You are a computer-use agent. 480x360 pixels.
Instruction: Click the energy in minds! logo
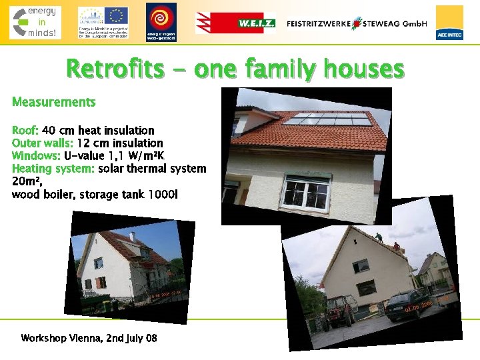pyautogui.click(x=35, y=22)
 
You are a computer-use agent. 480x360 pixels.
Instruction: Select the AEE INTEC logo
pyautogui.click(x=449, y=23)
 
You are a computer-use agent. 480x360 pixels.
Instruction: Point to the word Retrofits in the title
pyautogui.click(x=114, y=69)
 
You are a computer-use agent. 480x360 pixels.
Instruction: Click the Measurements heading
pyautogui.click(x=54, y=102)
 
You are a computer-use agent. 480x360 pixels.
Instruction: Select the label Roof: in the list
pyautogui.click(x=26, y=130)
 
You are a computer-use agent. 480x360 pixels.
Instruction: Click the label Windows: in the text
pyautogui.click(x=36, y=155)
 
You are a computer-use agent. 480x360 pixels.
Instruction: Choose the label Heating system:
pyautogui.click(x=53, y=168)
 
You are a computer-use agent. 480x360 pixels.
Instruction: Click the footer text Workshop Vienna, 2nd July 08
pyautogui.click(x=89, y=338)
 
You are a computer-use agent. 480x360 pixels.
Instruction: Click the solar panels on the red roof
pyautogui.click(x=327, y=120)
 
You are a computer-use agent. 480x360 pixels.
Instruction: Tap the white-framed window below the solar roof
pyautogui.click(x=307, y=191)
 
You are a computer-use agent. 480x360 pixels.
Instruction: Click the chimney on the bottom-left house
pyautogui.click(x=132, y=237)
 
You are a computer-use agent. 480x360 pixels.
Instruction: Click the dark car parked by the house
pyautogui.click(x=407, y=304)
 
